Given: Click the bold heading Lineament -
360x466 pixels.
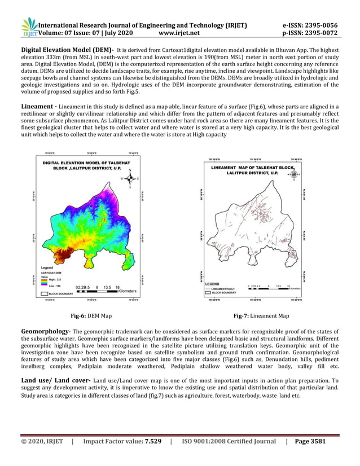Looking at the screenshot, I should point(39,105).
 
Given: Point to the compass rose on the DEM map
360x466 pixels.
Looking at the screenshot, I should point(130,178).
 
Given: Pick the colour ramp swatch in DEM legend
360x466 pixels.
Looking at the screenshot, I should point(45,282).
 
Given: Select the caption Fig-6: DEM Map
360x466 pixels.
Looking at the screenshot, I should point(90,316).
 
